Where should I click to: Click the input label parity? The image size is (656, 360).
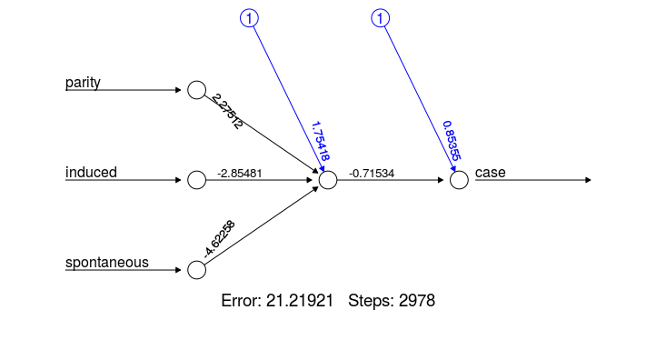point(83,83)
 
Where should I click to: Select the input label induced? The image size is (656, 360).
point(91,173)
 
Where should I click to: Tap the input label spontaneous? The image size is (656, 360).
point(106,263)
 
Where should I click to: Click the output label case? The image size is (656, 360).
point(490,173)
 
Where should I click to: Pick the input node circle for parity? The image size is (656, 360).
point(196,90)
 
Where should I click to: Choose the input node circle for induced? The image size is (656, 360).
point(196,180)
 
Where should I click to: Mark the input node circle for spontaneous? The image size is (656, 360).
point(196,270)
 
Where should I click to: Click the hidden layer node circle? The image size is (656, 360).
point(328,180)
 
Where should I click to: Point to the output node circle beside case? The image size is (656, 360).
point(459,180)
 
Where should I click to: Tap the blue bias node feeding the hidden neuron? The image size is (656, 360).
point(249,18)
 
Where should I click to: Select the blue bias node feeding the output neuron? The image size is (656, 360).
point(381,18)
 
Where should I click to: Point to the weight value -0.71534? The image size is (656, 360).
point(372,173)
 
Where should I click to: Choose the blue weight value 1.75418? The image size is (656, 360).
point(320,142)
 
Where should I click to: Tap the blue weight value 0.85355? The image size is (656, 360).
point(451,142)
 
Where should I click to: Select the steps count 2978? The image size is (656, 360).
point(417,300)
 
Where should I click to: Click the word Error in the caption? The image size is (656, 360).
point(239,300)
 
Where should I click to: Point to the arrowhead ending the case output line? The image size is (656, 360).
point(588,180)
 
